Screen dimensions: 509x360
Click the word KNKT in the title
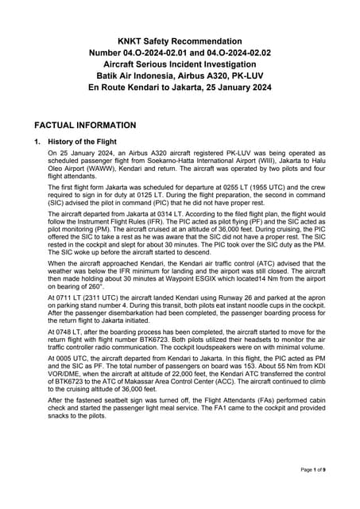click(x=131, y=41)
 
